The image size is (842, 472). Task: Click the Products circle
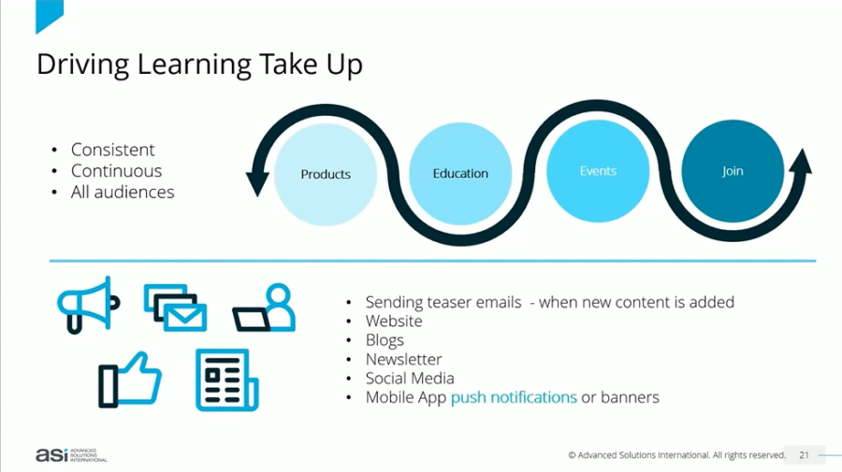(x=326, y=174)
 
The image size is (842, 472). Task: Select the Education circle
(x=460, y=173)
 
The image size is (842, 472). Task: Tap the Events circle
(x=598, y=171)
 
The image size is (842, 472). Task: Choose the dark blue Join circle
(x=733, y=171)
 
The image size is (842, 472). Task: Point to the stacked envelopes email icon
(x=175, y=308)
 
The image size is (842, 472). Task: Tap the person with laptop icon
(x=264, y=308)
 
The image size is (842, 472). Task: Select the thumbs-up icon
(x=129, y=379)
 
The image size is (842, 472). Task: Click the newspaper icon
(x=227, y=379)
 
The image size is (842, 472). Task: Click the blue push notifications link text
(x=514, y=397)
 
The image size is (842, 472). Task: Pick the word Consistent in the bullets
(x=113, y=150)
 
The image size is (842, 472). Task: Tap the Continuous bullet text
(x=117, y=171)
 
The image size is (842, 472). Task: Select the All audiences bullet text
(x=123, y=192)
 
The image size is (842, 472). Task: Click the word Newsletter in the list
(x=403, y=359)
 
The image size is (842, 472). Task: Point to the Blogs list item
(x=385, y=340)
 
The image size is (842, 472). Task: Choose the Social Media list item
(x=410, y=379)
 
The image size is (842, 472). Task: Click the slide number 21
(x=804, y=455)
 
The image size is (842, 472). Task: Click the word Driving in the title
(x=82, y=64)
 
